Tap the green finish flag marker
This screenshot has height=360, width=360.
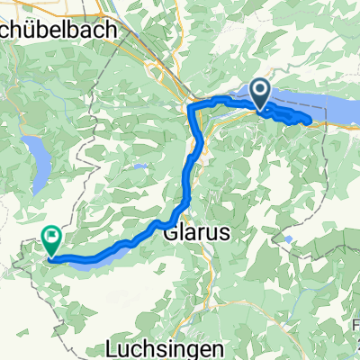(x=51, y=240)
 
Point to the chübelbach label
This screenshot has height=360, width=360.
(x=60, y=30)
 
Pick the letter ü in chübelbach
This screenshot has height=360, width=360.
(x=37, y=30)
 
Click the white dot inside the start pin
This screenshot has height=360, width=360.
(x=261, y=89)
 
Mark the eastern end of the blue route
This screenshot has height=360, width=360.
(x=310, y=120)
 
